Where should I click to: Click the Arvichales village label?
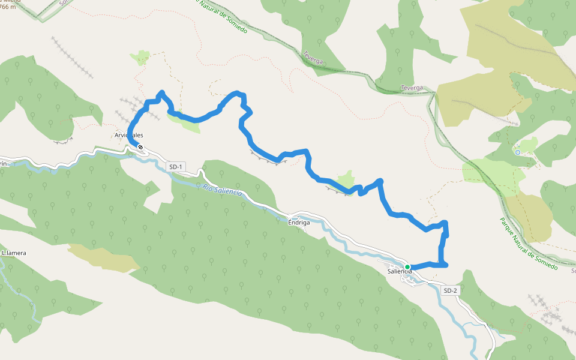[129, 136]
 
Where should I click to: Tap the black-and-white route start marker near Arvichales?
[140, 147]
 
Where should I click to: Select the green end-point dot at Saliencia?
[407, 266]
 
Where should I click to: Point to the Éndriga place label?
[299, 223]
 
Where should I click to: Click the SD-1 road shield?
[175, 166]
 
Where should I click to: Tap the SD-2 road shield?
[450, 290]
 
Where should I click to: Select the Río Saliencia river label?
[221, 192]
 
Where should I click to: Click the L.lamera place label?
[14, 253]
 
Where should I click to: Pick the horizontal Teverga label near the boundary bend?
[412, 88]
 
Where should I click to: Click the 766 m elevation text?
[8, 7]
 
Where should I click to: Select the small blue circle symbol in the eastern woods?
[517, 152]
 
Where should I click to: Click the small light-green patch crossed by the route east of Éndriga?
[346, 179]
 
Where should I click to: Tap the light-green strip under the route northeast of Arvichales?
[180, 118]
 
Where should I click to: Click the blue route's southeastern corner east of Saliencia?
[445, 264]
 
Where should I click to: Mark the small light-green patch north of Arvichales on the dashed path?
[142, 57]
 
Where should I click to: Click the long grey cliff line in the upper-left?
[72, 58]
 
